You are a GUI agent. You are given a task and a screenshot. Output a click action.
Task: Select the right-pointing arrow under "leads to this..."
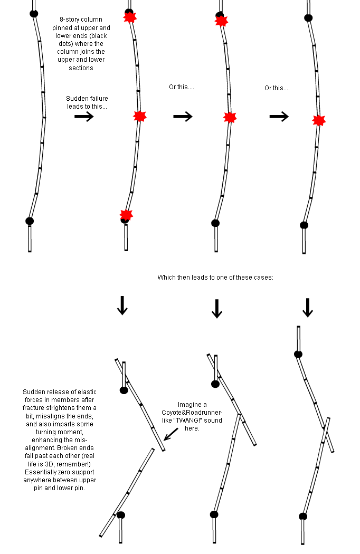pyautogui.click(x=84, y=117)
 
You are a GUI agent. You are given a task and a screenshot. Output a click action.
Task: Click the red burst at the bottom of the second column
pyautogui.click(x=126, y=214)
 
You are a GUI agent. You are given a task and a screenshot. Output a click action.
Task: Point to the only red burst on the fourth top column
pyautogui.click(x=318, y=121)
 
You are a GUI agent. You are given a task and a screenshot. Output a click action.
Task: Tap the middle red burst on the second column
pyautogui.click(x=139, y=116)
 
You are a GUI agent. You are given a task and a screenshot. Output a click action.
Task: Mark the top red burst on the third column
pyautogui.click(x=221, y=21)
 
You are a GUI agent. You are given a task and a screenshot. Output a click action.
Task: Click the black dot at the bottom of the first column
pyautogui.click(x=30, y=221)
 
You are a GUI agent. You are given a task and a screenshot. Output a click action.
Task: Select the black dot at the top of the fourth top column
pyautogui.click(x=309, y=18)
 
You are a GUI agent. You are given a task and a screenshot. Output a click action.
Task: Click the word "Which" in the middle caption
pyautogui.click(x=166, y=278)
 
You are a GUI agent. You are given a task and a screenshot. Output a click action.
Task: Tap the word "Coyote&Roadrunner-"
pyautogui.click(x=196, y=413)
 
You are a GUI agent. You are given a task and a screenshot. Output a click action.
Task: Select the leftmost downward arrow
pyautogui.click(x=122, y=305)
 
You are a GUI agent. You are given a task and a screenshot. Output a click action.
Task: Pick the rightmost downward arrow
pyautogui.click(x=308, y=308)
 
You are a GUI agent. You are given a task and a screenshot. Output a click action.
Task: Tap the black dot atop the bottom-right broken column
pyautogui.click(x=298, y=354)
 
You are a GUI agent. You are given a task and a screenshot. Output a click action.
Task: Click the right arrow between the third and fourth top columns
pyautogui.click(x=279, y=117)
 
